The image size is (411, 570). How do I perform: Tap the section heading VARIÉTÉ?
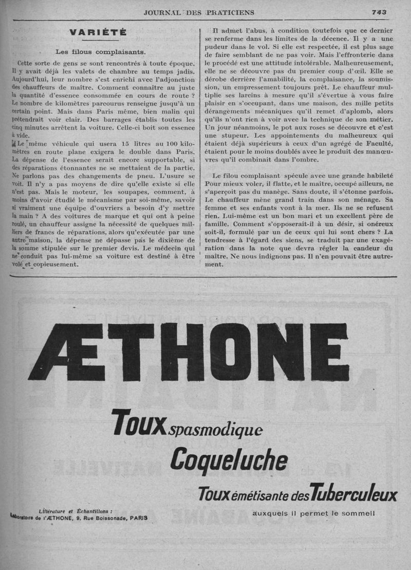[x=98, y=32]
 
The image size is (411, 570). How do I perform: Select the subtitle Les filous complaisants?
[x=101, y=51]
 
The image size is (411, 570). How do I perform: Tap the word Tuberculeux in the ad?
[x=354, y=494]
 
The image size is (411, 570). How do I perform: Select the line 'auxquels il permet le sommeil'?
[x=314, y=513]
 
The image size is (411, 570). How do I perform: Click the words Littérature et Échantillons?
[x=76, y=511]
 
